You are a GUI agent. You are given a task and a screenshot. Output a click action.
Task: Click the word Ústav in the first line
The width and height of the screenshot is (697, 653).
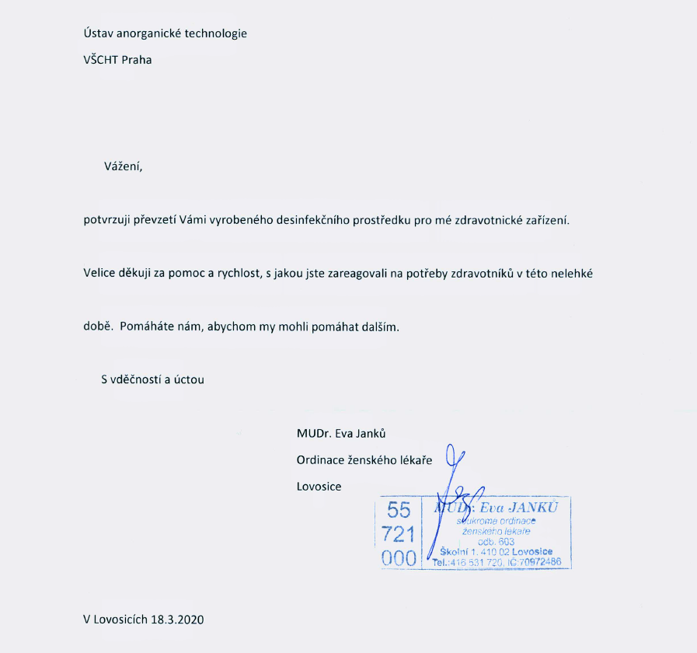pos(99,33)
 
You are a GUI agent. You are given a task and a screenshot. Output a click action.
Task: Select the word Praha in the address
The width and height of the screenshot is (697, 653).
pos(137,60)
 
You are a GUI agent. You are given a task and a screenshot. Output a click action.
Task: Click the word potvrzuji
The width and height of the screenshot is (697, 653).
pos(107,220)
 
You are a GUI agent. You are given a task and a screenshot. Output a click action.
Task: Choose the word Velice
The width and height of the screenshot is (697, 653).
pos(99,273)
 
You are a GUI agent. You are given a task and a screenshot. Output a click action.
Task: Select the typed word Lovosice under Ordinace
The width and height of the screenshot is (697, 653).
pos(319,487)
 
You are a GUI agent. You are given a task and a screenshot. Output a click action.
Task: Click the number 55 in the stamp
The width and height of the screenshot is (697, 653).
pos(399,510)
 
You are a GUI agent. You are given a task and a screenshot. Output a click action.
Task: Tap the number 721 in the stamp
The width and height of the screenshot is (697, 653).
pos(399,534)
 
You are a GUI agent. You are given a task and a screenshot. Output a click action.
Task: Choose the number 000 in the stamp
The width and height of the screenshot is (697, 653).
pos(399,558)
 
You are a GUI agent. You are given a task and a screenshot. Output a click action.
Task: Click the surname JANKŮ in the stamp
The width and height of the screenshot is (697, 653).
pos(536,506)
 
